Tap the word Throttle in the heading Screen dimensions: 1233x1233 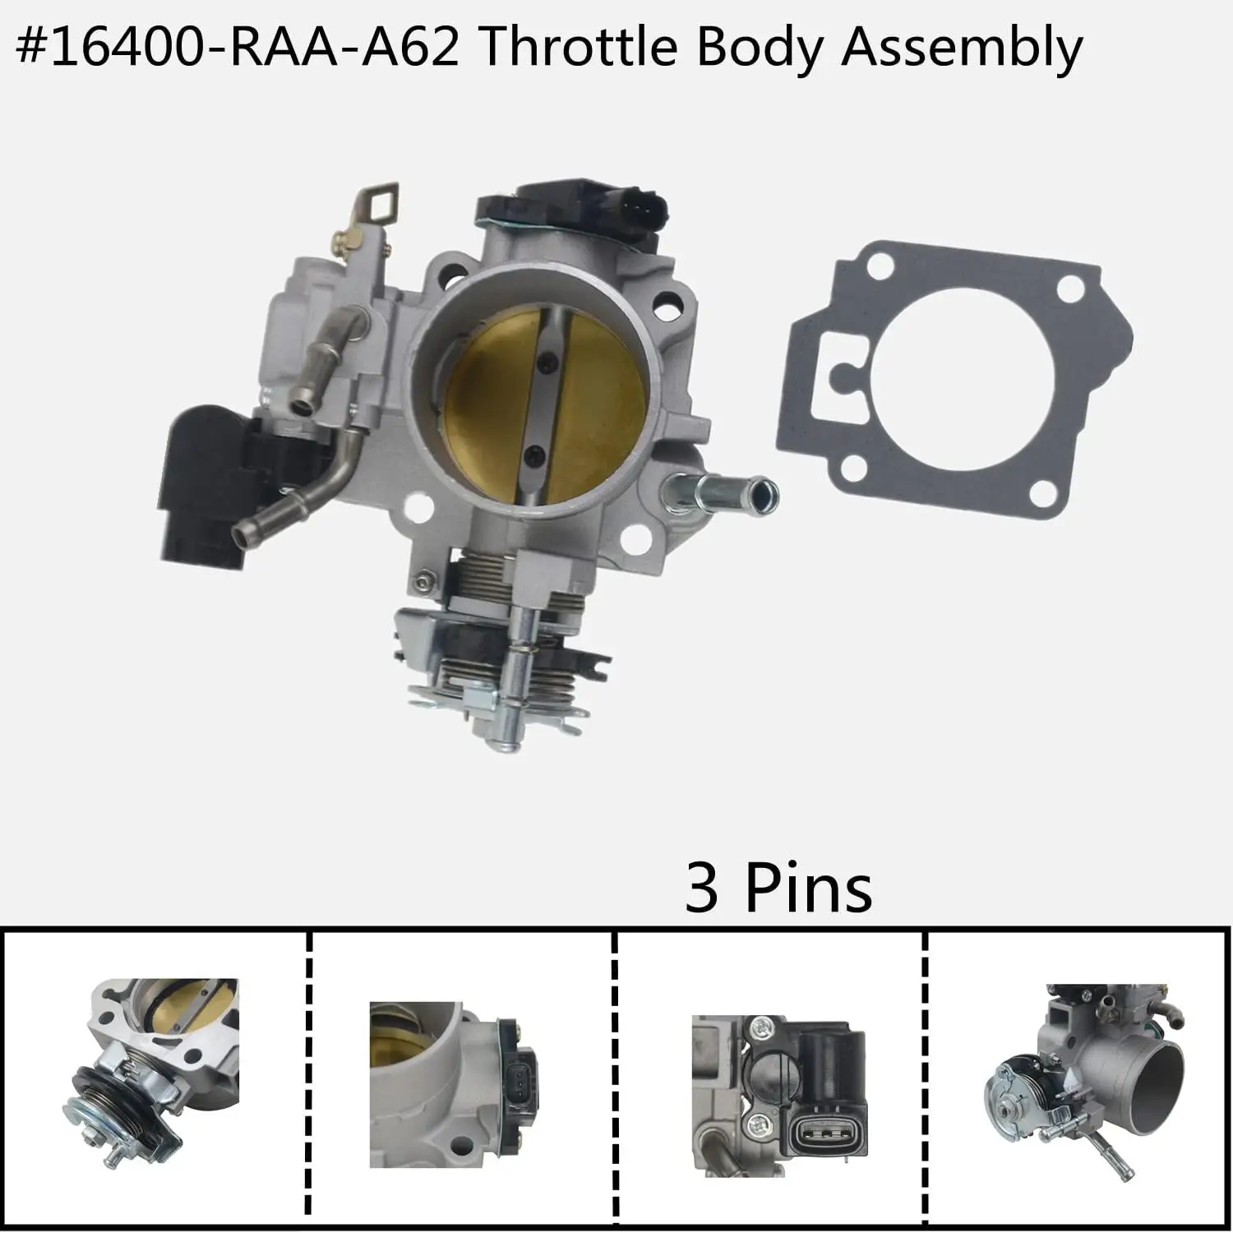coord(577,47)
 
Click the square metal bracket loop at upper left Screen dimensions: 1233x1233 coord(379,202)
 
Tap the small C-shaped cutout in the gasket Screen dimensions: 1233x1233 coord(840,376)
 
